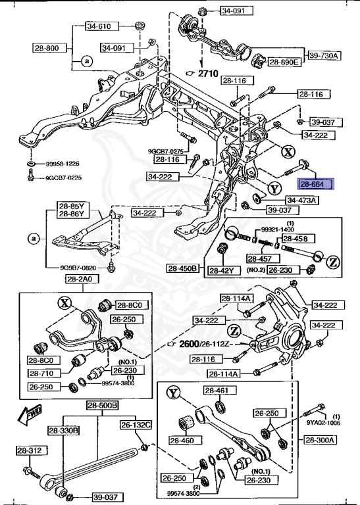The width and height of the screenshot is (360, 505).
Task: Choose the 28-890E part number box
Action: (284, 62)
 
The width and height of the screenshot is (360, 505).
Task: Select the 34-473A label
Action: (301, 200)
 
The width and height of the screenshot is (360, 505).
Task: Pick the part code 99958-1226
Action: (63, 164)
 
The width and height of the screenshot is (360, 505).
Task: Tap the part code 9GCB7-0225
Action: (63, 178)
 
